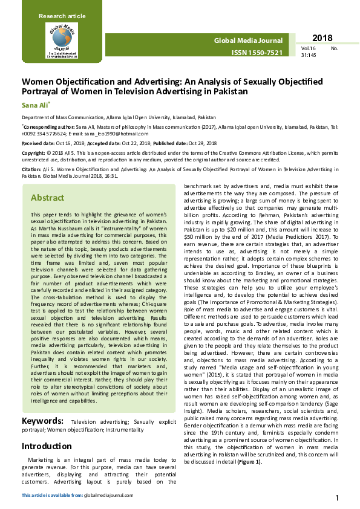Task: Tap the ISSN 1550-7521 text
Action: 257,53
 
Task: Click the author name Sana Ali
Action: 34,105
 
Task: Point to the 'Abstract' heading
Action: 47,198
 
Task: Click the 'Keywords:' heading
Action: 44,421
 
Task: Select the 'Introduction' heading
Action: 47,446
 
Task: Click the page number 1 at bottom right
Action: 336,498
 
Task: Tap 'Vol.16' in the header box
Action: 309,47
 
